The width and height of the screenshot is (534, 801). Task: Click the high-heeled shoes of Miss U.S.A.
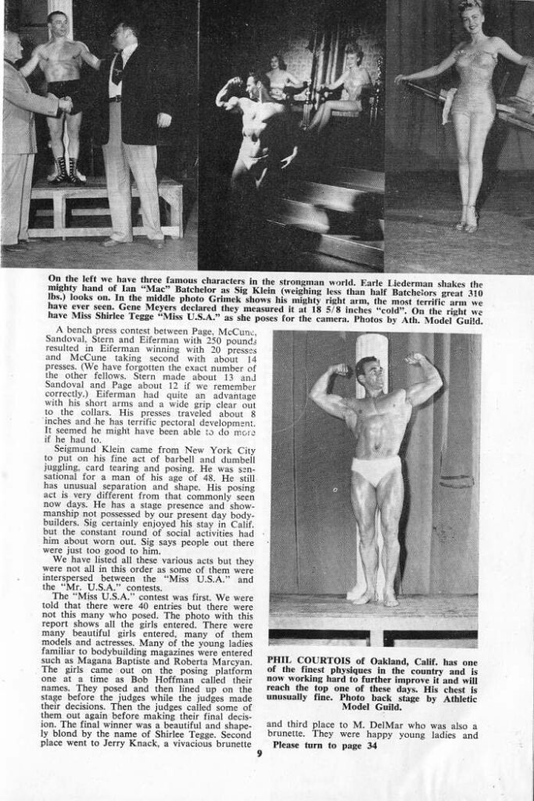(x=465, y=222)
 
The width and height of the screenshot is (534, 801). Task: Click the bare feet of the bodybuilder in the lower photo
(x=374, y=598)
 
